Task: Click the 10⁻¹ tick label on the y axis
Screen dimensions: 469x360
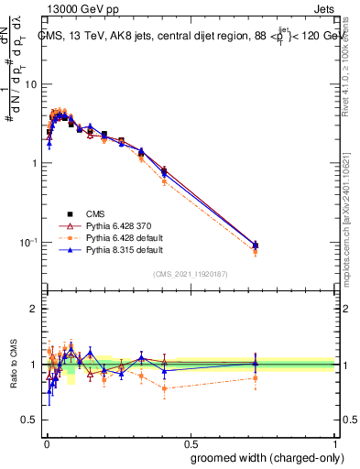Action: click(28, 243)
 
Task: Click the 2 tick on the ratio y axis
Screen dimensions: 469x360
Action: click(34, 309)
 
